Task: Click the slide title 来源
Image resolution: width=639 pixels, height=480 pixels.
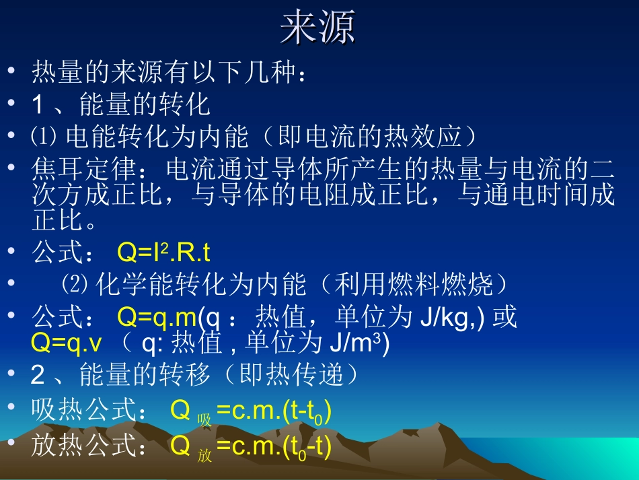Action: click(317, 28)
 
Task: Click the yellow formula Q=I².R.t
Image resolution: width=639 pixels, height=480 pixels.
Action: click(163, 252)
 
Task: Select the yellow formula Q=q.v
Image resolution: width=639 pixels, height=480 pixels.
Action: click(67, 343)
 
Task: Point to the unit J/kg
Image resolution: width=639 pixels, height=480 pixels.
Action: click(443, 316)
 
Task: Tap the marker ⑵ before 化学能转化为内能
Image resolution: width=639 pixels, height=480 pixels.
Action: click(75, 285)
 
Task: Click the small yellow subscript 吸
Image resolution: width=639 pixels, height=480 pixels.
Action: click(204, 420)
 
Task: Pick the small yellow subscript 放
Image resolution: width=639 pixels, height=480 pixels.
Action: click(204, 456)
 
